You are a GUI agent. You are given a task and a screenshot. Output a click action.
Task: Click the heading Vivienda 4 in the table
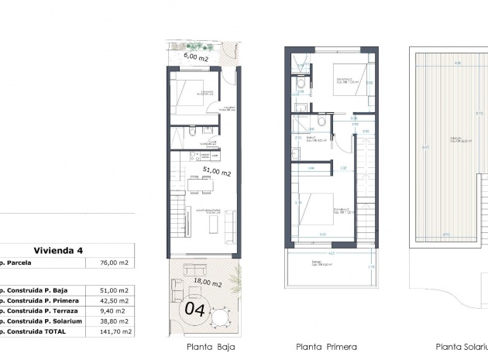58,250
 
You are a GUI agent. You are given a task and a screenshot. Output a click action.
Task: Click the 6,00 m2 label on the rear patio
195,57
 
